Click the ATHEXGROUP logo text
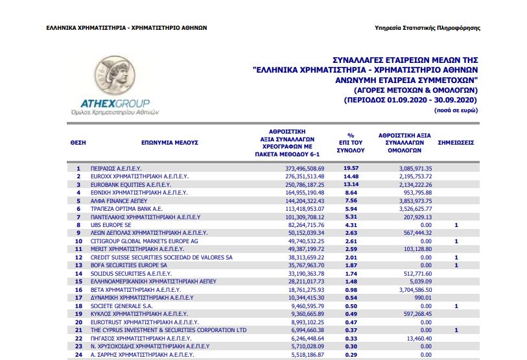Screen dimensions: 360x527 pyautogui.click(x=115, y=103)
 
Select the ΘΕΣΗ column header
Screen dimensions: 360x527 pyautogui.click(x=78, y=141)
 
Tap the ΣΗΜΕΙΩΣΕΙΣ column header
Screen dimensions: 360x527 pyautogui.click(x=456, y=141)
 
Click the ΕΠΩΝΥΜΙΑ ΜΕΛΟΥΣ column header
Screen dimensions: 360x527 pyautogui.click(x=169, y=141)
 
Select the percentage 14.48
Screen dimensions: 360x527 pyautogui.click(x=351, y=176)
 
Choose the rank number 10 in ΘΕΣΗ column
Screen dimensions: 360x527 pyautogui.click(x=78, y=241)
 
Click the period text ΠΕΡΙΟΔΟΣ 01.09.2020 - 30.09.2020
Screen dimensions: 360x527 pyautogui.click(x=410, y=101)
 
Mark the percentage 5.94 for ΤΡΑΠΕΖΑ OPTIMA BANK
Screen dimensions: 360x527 pyautogui.click(x=351, y=208)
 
